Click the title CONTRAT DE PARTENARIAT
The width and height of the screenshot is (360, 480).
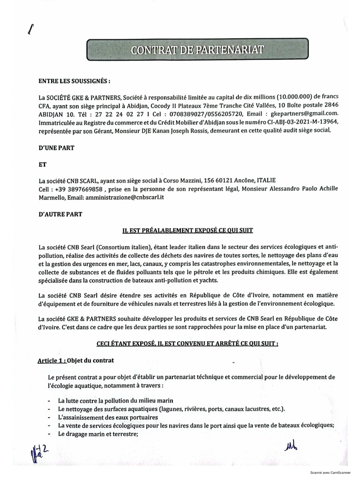point(197,50)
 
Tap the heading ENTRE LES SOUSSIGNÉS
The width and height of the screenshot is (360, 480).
point(75,81)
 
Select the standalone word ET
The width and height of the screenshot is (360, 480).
point(42,165)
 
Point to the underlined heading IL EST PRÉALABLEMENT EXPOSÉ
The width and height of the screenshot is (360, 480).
point(187,230)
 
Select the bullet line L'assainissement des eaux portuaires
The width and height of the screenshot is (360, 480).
point(107,417)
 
